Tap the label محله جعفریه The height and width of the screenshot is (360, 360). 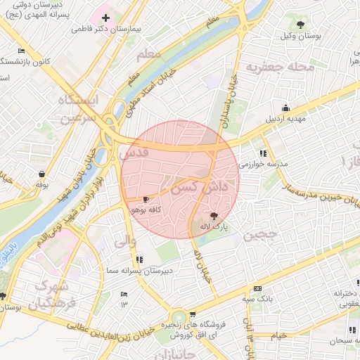coord(272,67)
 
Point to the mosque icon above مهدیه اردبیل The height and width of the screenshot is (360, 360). coord(285,108)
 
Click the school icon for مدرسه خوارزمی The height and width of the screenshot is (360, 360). coord(263,153)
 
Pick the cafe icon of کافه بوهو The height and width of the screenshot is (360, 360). coord(146,200)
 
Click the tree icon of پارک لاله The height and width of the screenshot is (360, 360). coord(214,216)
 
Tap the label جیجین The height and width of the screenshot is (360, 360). coord(262,236)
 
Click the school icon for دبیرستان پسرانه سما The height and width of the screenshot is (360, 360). coord(139,259)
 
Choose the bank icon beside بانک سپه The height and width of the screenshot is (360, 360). coord(257,288)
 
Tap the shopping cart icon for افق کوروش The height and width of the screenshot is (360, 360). coord(193,314)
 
